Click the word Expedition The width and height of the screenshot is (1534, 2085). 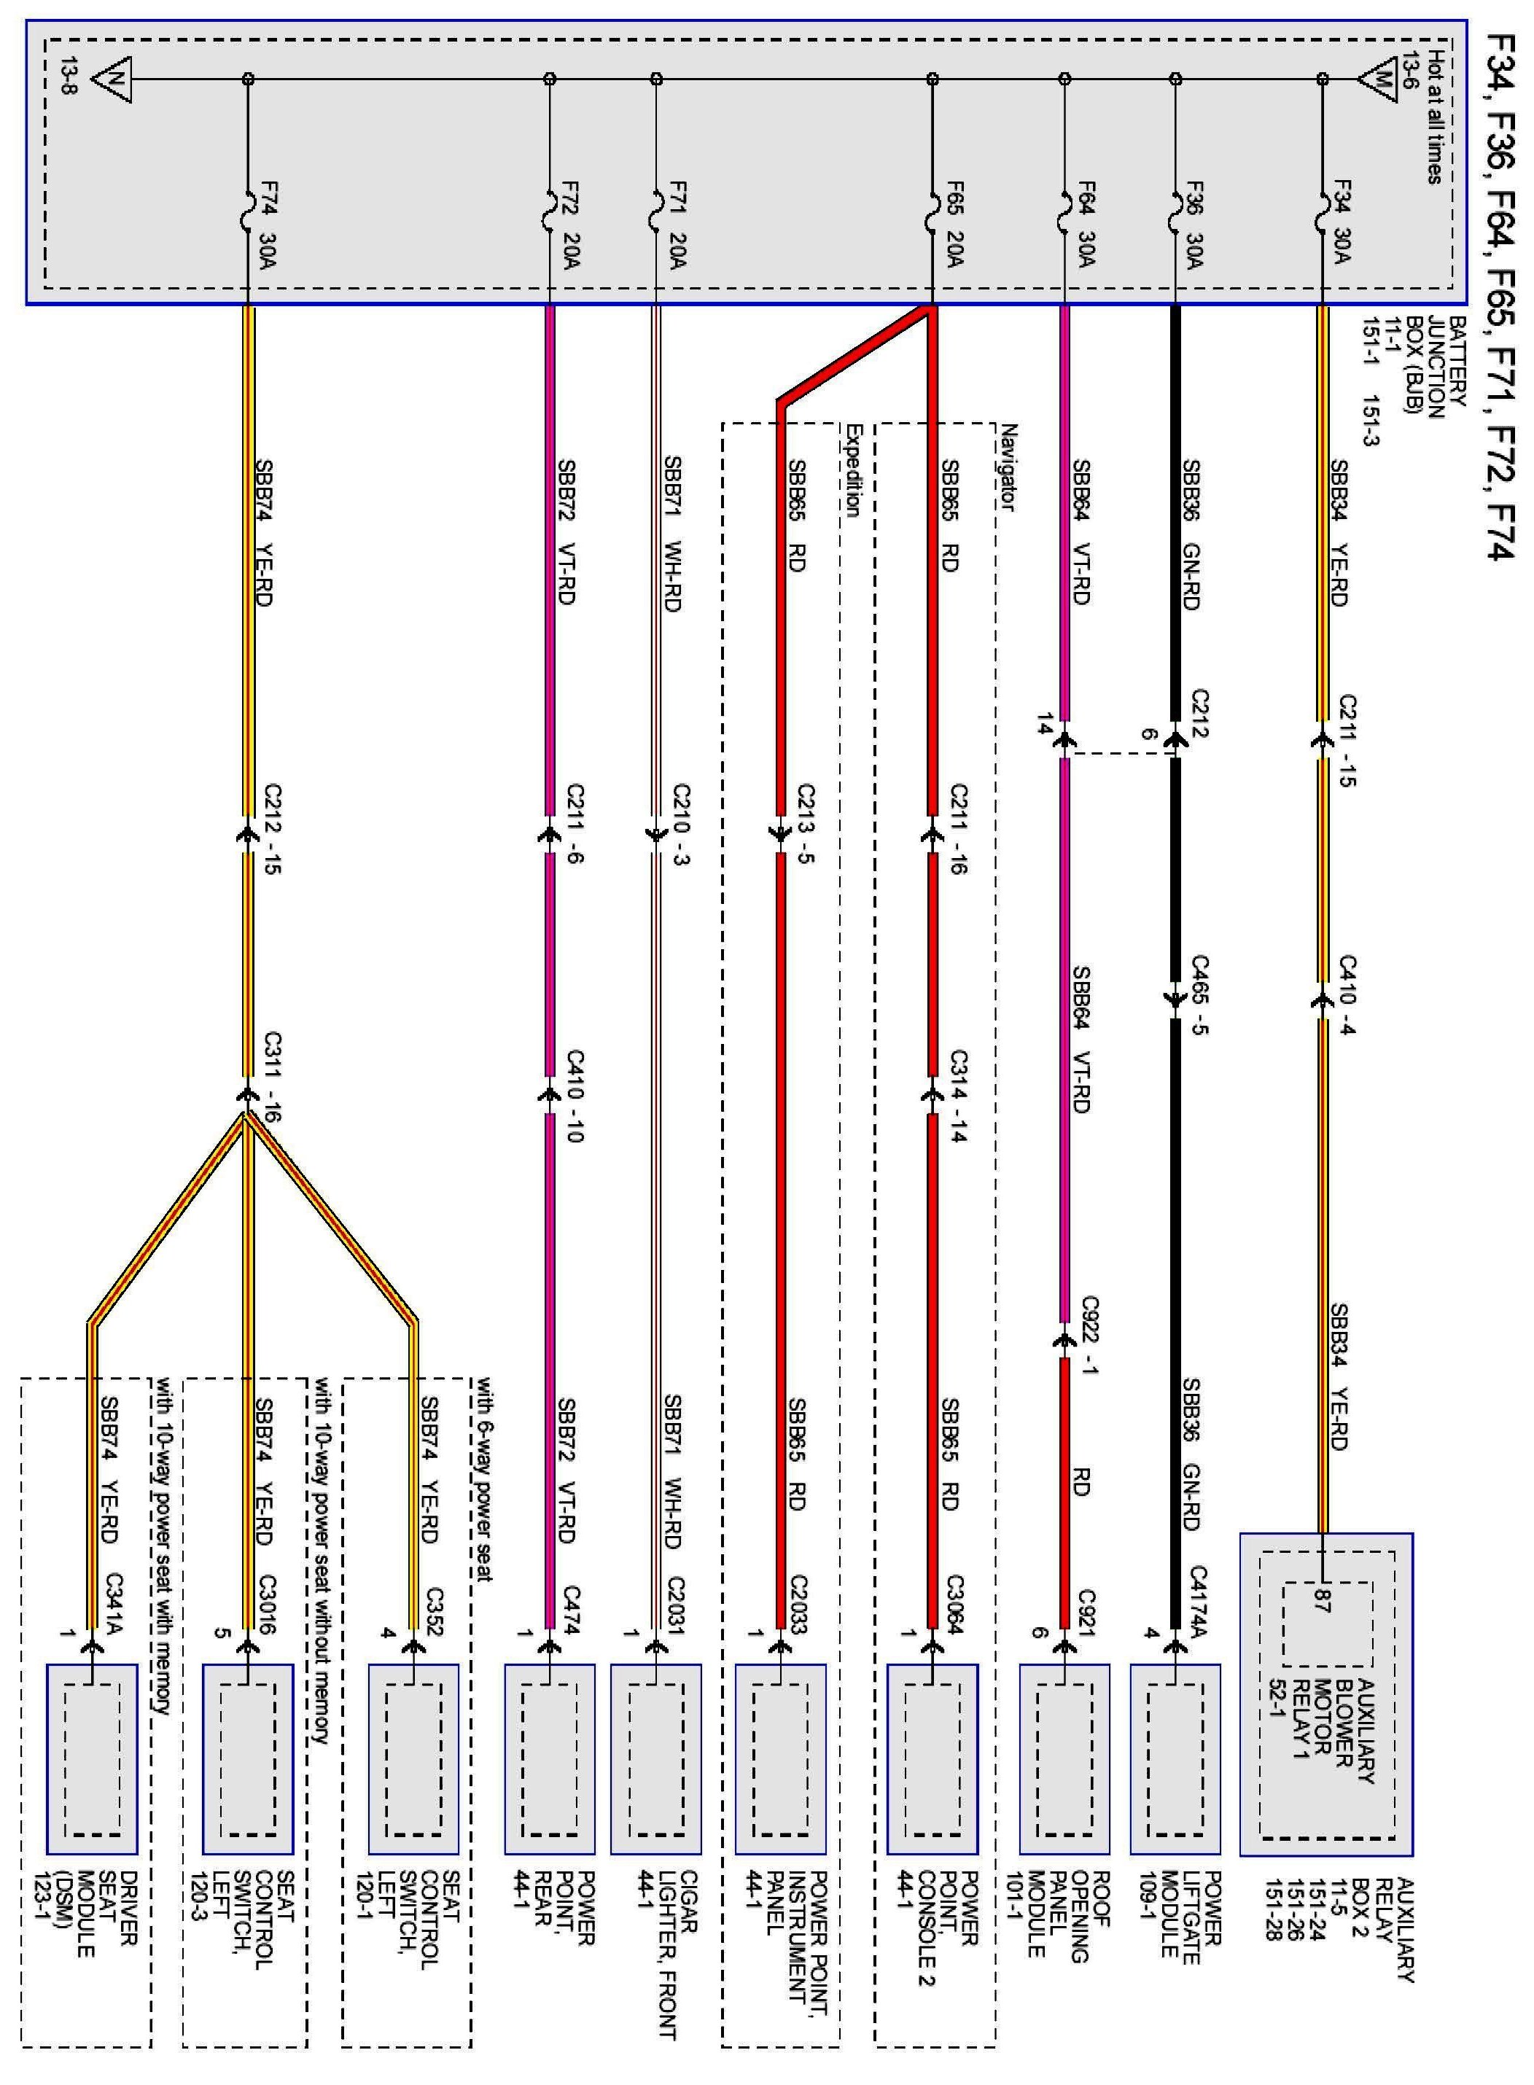[x=853, y=469]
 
